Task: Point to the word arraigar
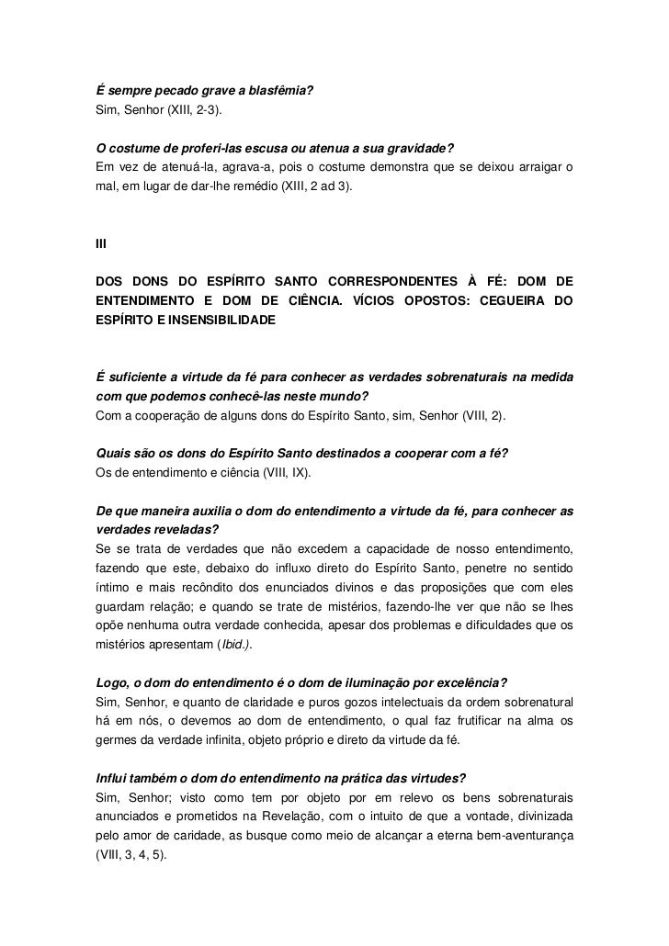point(533,167)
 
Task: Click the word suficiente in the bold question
point(139,377)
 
